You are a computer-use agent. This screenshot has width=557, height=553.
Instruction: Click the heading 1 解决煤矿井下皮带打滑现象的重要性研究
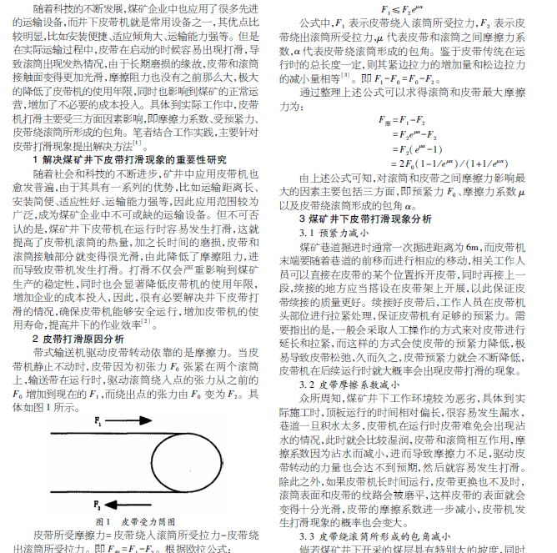[129, 158]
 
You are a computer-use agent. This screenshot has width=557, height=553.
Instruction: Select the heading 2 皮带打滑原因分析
[78, 339]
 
